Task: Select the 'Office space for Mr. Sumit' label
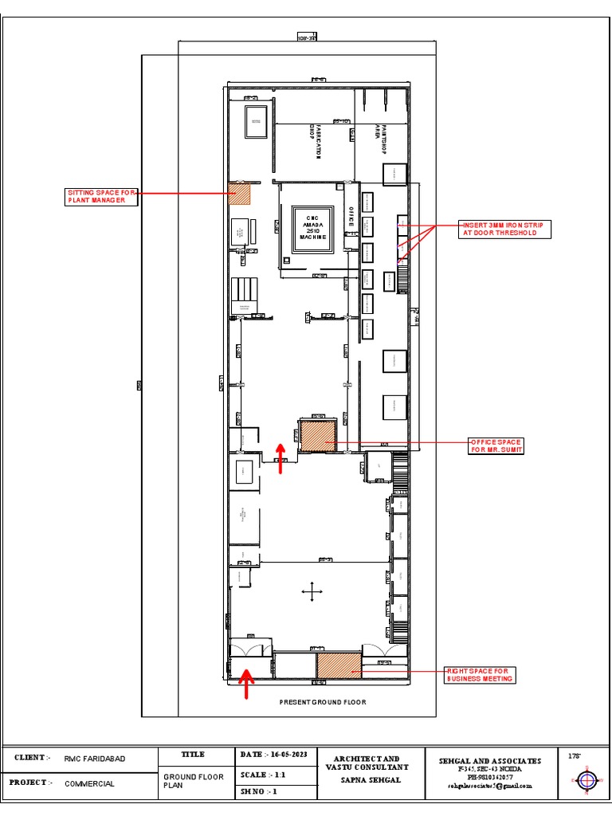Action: [496, 445]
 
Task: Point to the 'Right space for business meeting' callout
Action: [480, 675]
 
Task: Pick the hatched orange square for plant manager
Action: [240, 194]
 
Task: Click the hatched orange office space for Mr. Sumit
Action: [318, 435]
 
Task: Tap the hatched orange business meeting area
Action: [339, 665]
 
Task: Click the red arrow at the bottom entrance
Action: [246, 684]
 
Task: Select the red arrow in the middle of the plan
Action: [280, 458]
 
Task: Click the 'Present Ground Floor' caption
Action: [322, 702]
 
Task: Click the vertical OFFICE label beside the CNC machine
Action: [350, 220]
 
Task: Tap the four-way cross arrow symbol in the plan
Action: [312, 590]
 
